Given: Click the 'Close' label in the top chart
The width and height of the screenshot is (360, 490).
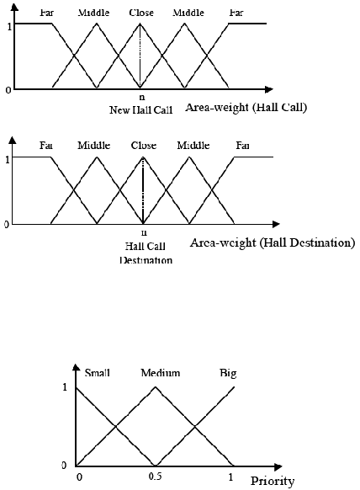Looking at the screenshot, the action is (141, 13).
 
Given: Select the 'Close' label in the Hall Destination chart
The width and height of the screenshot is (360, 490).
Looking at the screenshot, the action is (144, 146).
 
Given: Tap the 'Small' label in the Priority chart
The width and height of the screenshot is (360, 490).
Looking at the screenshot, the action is (97, 373).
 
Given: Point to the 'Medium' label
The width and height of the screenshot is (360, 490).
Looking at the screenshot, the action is (161, 373).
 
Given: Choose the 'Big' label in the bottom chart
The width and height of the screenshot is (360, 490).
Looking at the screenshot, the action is (228, 374).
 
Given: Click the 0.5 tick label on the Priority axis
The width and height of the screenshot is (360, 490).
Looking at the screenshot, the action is (155, 477).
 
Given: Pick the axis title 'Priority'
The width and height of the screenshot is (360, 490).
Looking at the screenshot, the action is (273, 482).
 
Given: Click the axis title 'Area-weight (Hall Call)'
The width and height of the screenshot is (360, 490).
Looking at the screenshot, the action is (246, 108).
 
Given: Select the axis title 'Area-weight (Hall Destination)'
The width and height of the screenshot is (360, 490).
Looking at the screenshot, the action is (273, 242).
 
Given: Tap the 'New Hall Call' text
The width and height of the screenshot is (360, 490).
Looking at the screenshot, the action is (140, 110).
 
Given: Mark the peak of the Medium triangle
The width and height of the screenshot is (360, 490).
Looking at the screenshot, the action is (155, 387).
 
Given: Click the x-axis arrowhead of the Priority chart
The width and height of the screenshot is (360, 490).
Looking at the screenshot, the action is (278, 467).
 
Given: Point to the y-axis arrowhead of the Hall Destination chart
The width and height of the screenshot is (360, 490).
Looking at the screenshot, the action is (13, 140).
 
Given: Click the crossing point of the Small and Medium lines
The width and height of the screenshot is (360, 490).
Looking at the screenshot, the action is (115, 427).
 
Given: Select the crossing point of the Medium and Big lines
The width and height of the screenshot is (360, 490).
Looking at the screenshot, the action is (195, 427).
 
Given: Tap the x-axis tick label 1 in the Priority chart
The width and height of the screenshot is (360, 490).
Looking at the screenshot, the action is (230, 477).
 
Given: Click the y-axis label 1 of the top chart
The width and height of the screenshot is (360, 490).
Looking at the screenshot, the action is (9, 26).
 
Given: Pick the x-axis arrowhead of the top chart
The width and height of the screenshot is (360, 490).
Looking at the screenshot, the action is (269, 89).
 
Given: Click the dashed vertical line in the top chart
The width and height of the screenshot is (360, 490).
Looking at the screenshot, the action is (140, 56).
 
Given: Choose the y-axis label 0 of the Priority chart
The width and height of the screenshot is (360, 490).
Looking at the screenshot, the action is (64, 466).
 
